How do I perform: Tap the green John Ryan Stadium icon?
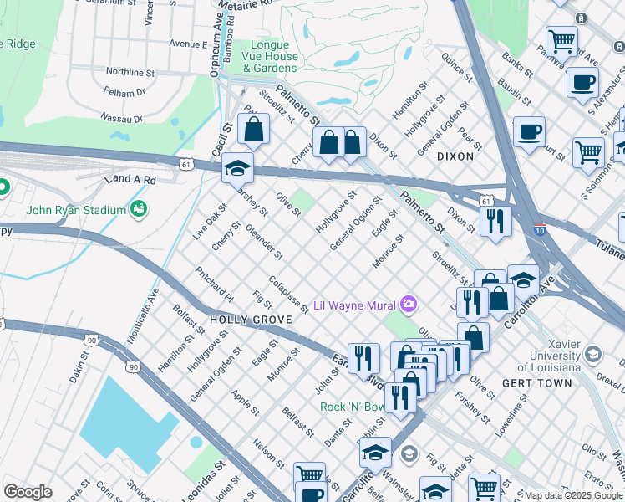click(138, 209)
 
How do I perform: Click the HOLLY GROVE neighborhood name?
click(251, 320)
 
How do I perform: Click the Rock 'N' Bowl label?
click(353, 407)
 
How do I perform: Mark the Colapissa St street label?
click(289, 294)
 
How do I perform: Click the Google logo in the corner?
click(28, 492)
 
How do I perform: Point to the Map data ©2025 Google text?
click(572, 495)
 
